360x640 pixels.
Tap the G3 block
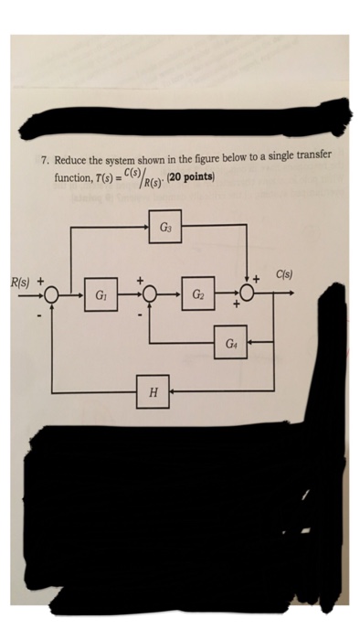pos(165,227)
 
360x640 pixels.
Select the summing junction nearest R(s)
pos(52,295)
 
